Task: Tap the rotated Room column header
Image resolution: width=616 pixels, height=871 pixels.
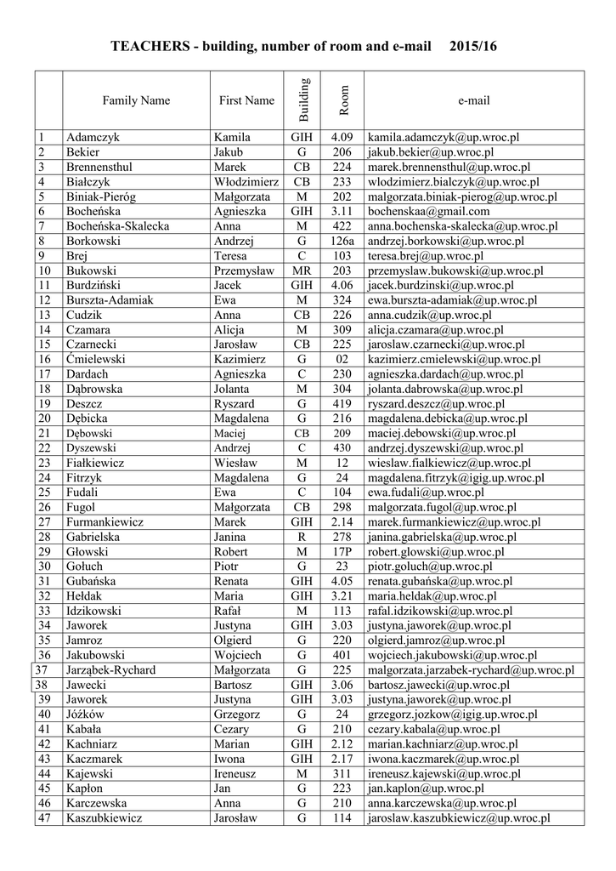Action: [343, 100]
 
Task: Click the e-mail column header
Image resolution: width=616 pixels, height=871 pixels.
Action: [473, 100]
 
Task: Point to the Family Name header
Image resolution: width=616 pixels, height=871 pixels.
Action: [136, 100]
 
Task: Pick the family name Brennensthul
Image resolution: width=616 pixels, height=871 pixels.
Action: [99, 167]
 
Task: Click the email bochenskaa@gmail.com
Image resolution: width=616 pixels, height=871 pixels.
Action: [428, 211]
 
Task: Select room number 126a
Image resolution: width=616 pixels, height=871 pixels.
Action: [342, 241]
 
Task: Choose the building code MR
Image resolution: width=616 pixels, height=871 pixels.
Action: [302, 270]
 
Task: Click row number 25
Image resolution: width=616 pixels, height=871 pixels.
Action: [45, 492]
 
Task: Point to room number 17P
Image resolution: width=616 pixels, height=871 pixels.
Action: [342, 552]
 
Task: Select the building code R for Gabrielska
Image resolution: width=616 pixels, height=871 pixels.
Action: [302, 537]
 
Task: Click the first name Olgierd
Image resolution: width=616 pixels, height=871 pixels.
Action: [233, 640]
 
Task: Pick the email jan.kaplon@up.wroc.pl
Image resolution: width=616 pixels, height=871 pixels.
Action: [422, 788]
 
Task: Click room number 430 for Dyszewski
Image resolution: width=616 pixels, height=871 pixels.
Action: [342, 448]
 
